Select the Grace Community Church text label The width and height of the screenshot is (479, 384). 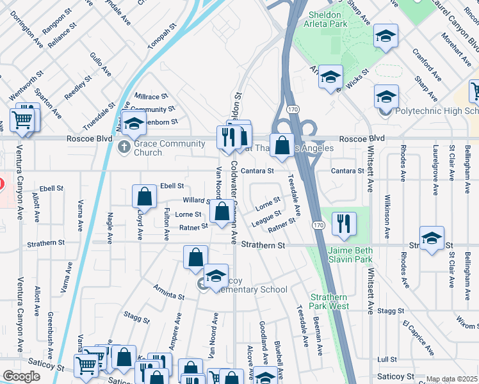pos(160,148)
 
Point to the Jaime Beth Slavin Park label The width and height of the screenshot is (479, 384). pos(350,254)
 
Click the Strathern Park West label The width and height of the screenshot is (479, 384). pos(329,301)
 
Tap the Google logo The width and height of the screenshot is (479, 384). pos(21,376)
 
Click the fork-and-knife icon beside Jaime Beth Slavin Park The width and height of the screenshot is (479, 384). pos(345,223)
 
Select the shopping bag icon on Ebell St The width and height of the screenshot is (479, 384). pos(145,196)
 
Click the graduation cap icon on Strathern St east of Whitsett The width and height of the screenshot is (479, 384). pos(432,238)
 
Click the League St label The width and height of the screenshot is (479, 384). pos(266,218)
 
